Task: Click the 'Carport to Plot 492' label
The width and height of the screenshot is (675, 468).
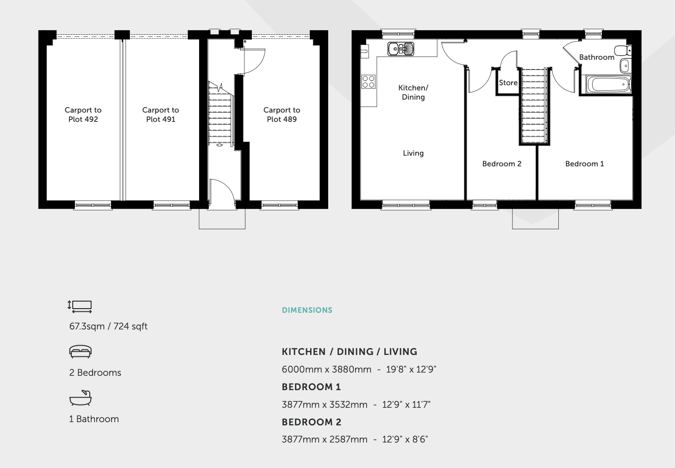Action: tap(83, 114)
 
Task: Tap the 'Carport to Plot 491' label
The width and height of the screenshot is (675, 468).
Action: tap(161, 114)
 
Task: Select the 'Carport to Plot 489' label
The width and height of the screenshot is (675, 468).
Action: tap(282, 114)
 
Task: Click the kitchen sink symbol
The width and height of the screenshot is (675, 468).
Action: tap(401, 49)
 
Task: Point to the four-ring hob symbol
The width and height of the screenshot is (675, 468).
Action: tap(369, 82)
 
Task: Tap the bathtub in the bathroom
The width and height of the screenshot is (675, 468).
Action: tap(608, 84)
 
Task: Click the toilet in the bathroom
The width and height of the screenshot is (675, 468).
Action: tap(623, 51)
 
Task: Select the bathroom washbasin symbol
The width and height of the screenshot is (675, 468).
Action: tap(625, 66)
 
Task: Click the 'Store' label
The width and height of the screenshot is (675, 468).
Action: tap(508, 82)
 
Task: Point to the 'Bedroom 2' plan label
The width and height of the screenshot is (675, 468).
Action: tap(502, 164)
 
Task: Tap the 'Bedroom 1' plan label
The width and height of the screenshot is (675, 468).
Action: tap(585, 164)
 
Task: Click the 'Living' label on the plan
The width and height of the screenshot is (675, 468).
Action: tap(413, 153)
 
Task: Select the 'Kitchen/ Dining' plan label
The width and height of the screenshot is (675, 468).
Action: tap(413, 92)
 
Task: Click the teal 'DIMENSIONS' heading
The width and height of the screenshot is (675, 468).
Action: tap(307, 310)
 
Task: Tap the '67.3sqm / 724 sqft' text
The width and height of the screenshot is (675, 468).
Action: tap(108, 326)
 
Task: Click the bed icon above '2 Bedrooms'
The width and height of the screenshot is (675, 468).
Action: tap(80, 352)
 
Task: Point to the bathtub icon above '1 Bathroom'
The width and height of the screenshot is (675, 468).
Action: tap(80, 398)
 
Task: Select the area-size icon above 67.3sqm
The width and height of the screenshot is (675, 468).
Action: tap(80, 307)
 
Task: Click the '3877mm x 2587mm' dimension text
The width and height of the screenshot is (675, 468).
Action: tap(325, 439)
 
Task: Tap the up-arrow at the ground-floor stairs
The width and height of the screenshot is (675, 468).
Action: tap(219, 145)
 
